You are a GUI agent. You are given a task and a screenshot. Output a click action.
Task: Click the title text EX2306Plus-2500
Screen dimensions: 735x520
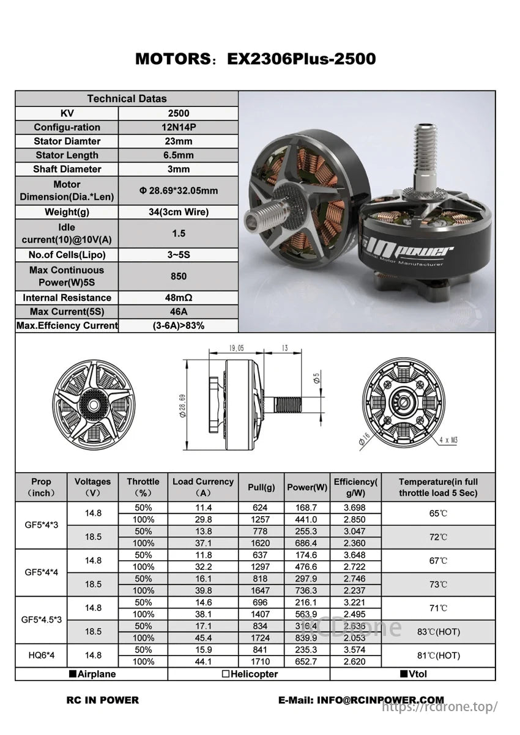[301, 59]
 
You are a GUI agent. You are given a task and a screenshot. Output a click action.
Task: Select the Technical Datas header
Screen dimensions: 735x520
[127, 98]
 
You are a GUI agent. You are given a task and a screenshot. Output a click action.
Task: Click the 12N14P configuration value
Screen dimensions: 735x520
[178, 127]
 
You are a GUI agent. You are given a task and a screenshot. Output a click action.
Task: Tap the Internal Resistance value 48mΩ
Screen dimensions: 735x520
[178, 298]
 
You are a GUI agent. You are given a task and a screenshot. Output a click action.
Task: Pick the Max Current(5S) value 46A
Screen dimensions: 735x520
[178, 312]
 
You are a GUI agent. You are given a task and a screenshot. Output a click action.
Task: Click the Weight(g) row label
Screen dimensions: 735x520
[67, 212]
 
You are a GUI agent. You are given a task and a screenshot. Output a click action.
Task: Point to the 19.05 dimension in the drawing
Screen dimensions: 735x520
[236, 348]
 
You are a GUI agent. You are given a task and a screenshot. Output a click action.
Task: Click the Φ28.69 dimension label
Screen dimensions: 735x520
[183, 405]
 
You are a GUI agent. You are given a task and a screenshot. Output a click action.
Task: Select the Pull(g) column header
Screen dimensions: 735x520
[261, 487]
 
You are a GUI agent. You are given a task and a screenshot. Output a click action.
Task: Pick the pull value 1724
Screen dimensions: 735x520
[260, 638]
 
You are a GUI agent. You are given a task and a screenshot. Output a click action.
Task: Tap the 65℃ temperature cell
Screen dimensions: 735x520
[438, 514]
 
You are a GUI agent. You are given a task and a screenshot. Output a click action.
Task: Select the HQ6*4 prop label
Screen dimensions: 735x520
[42, 656]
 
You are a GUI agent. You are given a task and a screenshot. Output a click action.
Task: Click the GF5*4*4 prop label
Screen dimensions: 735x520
[42, 572]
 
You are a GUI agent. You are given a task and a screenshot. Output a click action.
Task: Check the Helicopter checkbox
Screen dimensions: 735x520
[226, 674]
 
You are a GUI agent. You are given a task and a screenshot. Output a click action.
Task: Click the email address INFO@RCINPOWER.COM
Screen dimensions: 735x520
[361, 700]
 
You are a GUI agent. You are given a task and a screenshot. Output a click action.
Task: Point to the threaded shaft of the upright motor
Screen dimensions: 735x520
[425, 153]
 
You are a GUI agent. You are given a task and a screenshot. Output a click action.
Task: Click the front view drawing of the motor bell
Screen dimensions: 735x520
[94, 405]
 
